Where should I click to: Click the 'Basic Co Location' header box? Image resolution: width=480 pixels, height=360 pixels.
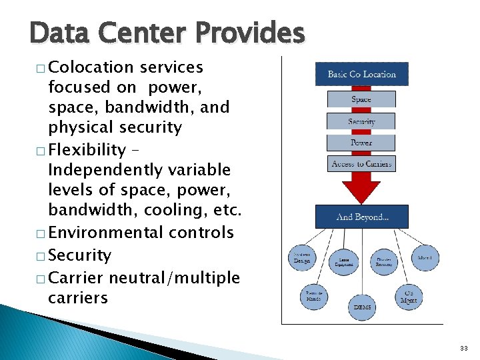click(x=361, y=74)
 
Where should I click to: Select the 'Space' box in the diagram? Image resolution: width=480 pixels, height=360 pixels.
click(x=361, y=99)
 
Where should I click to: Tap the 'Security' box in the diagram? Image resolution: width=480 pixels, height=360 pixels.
click(x=361, y=121)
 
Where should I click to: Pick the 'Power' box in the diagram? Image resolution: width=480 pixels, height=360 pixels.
click(x=361, y=143)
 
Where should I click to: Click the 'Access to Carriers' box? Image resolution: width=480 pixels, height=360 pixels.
click(x=361, y=164)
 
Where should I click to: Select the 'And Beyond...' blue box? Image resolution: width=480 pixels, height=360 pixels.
click(x=361, y=217)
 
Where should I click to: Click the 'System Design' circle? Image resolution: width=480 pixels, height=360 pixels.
click(x=302, y=258)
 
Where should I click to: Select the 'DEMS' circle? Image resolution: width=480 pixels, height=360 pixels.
click(x=362, y=307)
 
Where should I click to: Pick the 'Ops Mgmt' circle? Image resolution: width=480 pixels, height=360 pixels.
click(x=409, y=297)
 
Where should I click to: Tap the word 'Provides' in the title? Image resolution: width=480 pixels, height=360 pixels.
click(x=251, y=32)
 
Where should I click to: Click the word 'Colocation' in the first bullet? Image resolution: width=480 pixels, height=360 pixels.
click(x=91, y=67)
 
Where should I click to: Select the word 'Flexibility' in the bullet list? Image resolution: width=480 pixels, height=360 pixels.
click(x=87, y=150)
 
